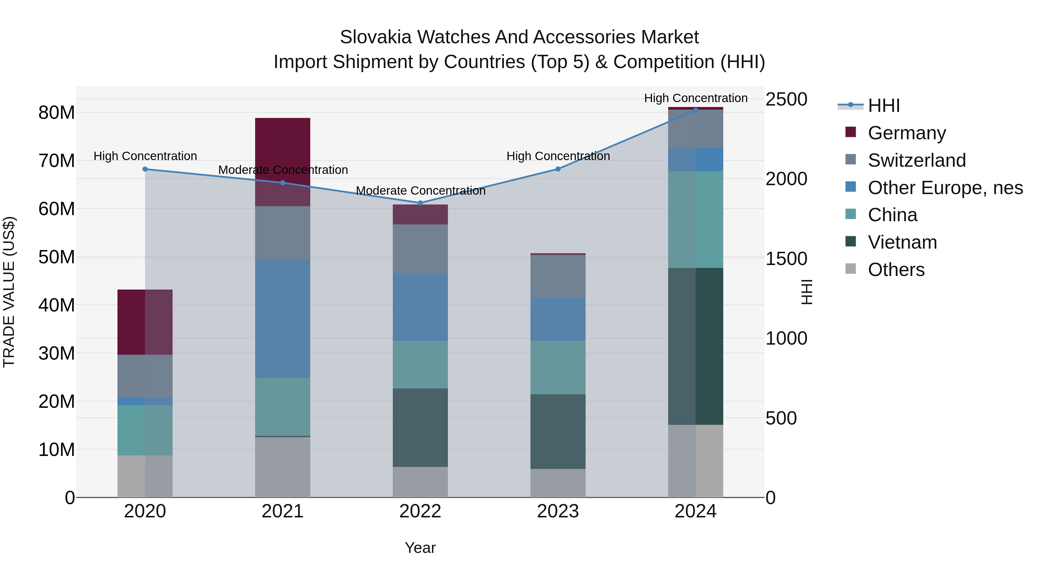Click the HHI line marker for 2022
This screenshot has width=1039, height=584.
[x=420, y=203]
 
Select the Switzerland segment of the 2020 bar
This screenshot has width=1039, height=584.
[x=145, y=376]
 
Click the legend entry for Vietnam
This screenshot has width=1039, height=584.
[x=902, y=242]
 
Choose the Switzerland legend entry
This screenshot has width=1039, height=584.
[x=916, y=160]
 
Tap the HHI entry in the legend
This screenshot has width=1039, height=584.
[x=883, y=106]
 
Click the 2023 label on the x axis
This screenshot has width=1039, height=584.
[x=558, y=511]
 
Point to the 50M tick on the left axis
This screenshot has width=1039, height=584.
[x=57, y=257]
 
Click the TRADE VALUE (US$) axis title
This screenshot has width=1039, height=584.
[x=9, y=292]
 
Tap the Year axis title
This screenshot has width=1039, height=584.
[x=420, y=548]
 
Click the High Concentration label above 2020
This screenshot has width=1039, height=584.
[x=145, y=156]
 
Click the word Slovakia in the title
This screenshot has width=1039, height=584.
[x=375, y=37]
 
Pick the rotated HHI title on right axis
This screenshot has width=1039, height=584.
[x=806, y=292]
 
